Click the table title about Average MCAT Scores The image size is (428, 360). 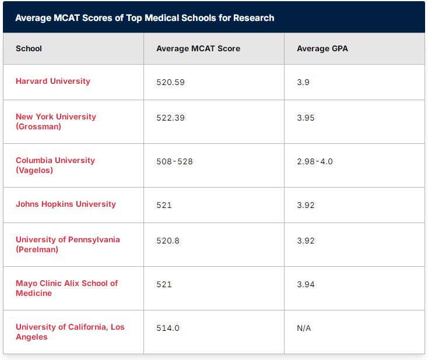pos(145,18)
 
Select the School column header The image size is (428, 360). pos(29,48)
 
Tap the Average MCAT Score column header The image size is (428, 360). pos(198,48)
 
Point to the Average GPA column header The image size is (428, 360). pos(322,48)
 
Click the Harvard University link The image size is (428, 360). pos(53,82)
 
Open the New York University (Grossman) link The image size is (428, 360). pos(56,122)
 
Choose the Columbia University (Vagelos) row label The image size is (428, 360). pos(55,165)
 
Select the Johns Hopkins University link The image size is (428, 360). pos(66,204)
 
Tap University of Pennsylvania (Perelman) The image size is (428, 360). pos(68,244)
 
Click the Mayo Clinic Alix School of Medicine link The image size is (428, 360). pos(67,288)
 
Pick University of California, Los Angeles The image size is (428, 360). pos(70,331)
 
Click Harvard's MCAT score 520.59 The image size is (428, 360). pos(171,82)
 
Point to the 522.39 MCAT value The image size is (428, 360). pos(171,118)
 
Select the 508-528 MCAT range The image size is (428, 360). pos(174,161)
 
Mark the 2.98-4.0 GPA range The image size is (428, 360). pos(315,161)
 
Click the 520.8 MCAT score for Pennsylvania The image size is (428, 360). pos(168,241)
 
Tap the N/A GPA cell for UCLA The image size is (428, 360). pos(304,328)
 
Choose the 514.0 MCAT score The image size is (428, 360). pos(168,328)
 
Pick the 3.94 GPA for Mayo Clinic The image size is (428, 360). pos(306,284)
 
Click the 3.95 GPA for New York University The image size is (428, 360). pos(306,118)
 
